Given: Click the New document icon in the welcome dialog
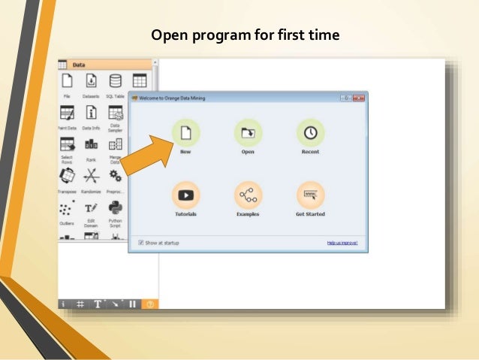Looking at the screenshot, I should click(x=186, y=132).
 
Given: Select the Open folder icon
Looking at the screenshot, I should click(x=248, y=132).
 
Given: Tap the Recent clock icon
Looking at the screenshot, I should click(x=310, y=132).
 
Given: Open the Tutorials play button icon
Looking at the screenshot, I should click(x=186, y=195).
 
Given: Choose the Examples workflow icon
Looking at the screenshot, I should click(x=248, y=195).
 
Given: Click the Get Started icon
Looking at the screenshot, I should click(x=310, y=195).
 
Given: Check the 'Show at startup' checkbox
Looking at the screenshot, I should click(x=141, y=243).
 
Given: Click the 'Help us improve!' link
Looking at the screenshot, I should click(x=342, y=243).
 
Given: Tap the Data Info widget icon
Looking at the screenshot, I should click(x=91, y=113).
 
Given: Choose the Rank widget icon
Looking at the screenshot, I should click(x=91, y=144).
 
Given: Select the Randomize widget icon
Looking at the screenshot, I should click(x=91, y=176).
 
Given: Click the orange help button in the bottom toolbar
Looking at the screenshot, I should click(x=149, y=304).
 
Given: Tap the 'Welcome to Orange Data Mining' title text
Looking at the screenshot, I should click(x=172, y=98).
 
